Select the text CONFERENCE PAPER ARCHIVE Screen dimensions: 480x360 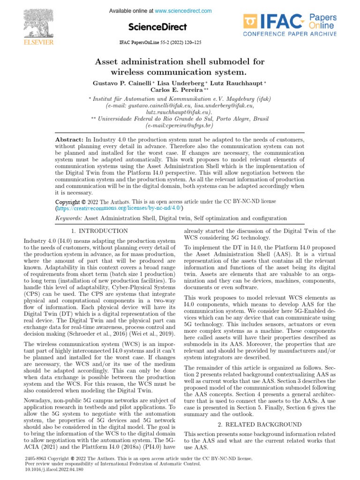[x=289, y=34]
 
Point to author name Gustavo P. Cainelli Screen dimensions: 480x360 [x=122, y=83]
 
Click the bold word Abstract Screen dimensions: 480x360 [x=69, y=140]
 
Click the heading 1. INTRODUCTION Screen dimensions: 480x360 [x=99, y=231]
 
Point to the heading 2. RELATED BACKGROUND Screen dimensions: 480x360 [x=259, y=425]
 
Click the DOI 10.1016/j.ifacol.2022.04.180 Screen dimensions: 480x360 [x=53, y=469]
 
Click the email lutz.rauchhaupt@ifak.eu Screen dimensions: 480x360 [x=179, y=112]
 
